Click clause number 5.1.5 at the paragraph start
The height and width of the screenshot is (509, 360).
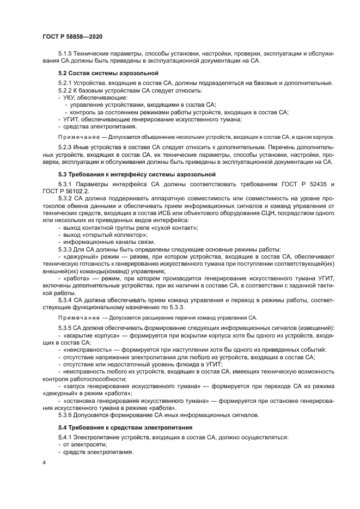coord(66,54)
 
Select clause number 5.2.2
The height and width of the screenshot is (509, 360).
coord(66,89)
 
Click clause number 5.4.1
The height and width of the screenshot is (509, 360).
coord(66,438)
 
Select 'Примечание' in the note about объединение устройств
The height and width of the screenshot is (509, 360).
coord(78,137)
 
